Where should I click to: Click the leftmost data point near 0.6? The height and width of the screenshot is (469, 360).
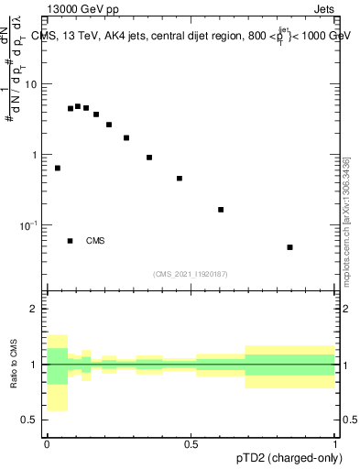[58, 169]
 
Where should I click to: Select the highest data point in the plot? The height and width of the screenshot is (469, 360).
[78, 106]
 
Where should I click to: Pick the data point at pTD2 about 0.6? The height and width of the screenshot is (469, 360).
[221, 210]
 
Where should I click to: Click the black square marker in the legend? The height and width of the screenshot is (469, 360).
[71, 241]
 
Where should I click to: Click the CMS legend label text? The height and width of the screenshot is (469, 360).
[95, 241]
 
